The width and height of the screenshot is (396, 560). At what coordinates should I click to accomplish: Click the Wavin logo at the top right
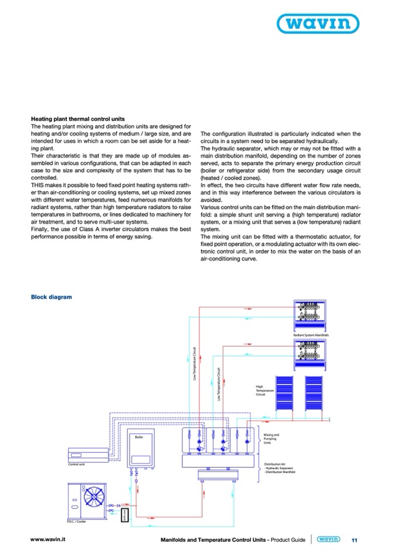click(335, 25)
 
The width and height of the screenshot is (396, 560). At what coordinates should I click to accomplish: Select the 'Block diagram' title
click(51, 297)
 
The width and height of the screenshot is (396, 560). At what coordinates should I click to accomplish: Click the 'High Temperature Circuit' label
click(261, 390)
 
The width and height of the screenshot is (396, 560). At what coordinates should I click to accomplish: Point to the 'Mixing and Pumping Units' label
click(272, 439)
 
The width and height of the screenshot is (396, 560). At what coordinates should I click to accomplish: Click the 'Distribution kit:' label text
click(274, 464)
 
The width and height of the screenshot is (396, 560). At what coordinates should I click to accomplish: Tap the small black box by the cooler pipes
click(124, 514)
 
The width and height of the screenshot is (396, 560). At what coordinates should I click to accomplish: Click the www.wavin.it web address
click(48, 540)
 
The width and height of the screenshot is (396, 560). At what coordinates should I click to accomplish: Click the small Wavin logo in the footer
click(328, 540)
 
